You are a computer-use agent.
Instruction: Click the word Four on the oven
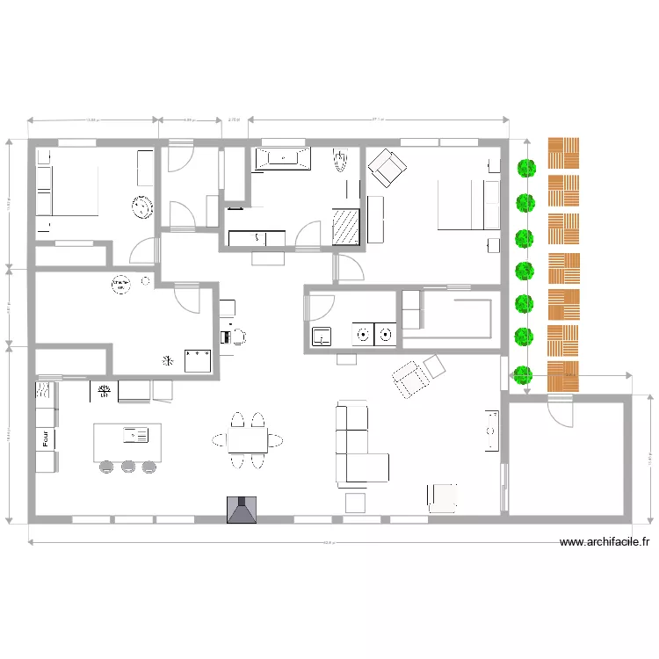[43, 437]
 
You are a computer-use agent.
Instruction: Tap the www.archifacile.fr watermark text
[606, 543]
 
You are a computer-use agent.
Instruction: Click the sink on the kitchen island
[136, 433]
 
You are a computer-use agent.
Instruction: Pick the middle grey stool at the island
[128, 466]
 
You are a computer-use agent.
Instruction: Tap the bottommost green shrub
[525, 373]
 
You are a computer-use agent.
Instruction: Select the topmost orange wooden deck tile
[564, 153]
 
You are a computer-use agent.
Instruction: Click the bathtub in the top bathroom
[282, 159]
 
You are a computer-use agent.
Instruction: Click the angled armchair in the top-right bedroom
[386, 166]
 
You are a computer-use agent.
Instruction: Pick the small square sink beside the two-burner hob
[321, 335]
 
